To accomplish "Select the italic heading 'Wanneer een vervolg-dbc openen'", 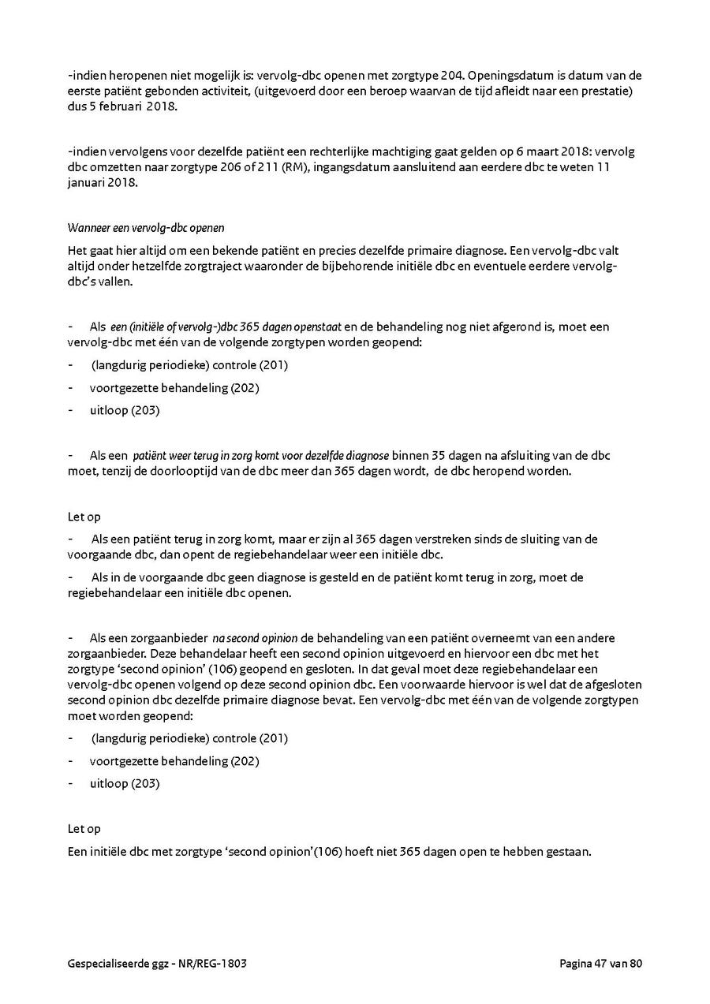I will tap(146, 228).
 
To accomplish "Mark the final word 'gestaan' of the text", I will tap(569, 853).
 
